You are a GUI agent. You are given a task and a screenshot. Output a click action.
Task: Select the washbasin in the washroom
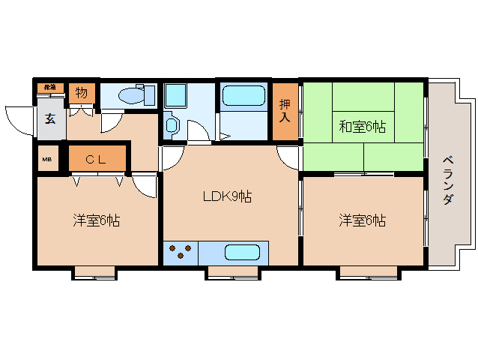click(x=172, y=125)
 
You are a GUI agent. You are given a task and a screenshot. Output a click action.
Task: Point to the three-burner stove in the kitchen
click(x=181, y=253)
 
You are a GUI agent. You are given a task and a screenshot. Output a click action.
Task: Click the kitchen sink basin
click(x=241, y=252)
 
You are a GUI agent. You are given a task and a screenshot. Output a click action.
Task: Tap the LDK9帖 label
click(x=227, y=197)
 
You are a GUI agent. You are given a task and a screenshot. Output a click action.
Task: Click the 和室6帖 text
click(x=362, y=127)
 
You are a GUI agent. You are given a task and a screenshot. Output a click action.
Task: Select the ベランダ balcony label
click(x=447, y=180)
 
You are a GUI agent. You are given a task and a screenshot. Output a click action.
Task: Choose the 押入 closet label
click(x=285, y=110)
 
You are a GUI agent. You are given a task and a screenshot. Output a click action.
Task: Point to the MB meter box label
click(x=46, y=159)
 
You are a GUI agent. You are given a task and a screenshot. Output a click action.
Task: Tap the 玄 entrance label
click(x=49, y=118)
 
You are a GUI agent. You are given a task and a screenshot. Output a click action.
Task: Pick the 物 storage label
click(x=80, y=94)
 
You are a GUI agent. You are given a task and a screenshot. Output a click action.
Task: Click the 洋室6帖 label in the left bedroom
click(x=97, y=220)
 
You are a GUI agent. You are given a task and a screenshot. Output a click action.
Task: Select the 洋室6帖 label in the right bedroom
click(x=362, y=220)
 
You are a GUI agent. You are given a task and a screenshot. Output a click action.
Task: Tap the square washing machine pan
click(x=178, y=96)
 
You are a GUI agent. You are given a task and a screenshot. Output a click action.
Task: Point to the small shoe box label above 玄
click(x=49, y=88)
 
